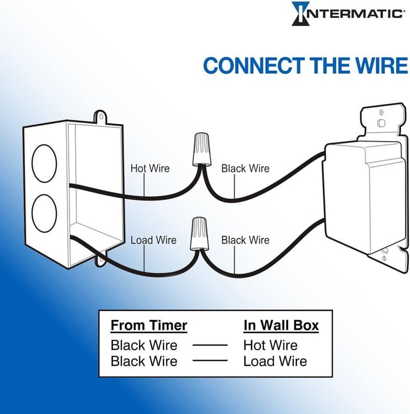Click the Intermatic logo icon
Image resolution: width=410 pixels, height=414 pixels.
click(301, 13)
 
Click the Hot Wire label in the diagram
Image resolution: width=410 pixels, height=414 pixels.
click(150, 168)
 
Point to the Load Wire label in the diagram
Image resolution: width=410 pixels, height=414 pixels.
click(153, 240)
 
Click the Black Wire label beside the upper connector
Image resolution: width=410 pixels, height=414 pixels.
click(245, 168)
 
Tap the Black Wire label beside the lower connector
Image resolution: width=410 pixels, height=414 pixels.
click(245, 240)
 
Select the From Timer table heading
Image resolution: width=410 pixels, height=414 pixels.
click(149, 325)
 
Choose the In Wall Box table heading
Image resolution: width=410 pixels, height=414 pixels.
click(281, 325)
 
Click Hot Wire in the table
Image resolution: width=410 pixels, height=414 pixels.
click(270, 345)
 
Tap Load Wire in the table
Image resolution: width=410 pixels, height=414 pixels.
click(275, 361)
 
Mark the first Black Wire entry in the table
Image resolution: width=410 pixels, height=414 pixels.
click(144, 345)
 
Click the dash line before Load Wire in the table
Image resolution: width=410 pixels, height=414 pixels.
click(210, 361)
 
